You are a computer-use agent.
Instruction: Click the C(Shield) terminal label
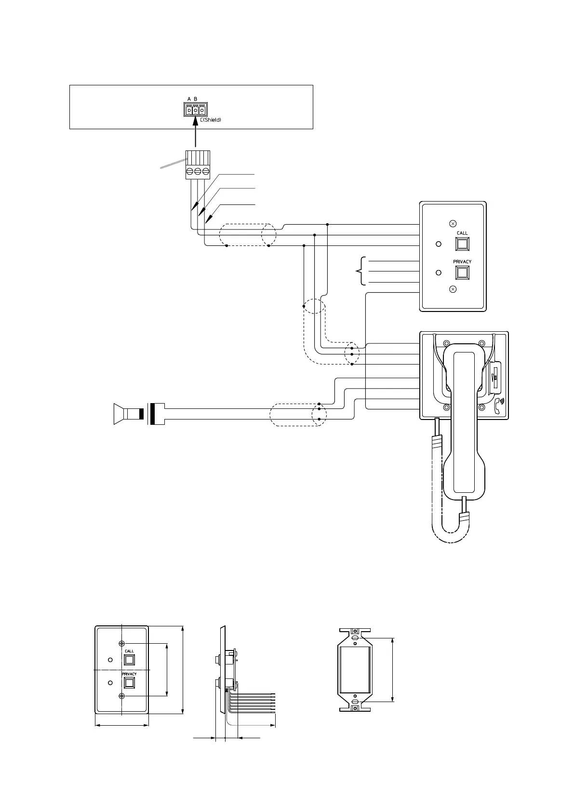[210, 120]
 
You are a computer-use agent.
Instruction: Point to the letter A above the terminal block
[189, 99]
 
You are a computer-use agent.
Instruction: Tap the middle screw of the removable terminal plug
[197, 171]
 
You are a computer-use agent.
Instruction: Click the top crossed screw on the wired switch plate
[453, 223]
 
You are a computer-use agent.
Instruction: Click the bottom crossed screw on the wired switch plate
[453, 289]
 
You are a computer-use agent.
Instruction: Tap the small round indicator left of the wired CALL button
[438, 244]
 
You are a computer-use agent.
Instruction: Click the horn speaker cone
[118, 414]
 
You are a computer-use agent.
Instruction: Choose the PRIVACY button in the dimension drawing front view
[129, 683]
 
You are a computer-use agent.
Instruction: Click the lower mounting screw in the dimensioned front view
[122, 695]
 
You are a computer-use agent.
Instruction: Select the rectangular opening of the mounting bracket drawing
[355, 669]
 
